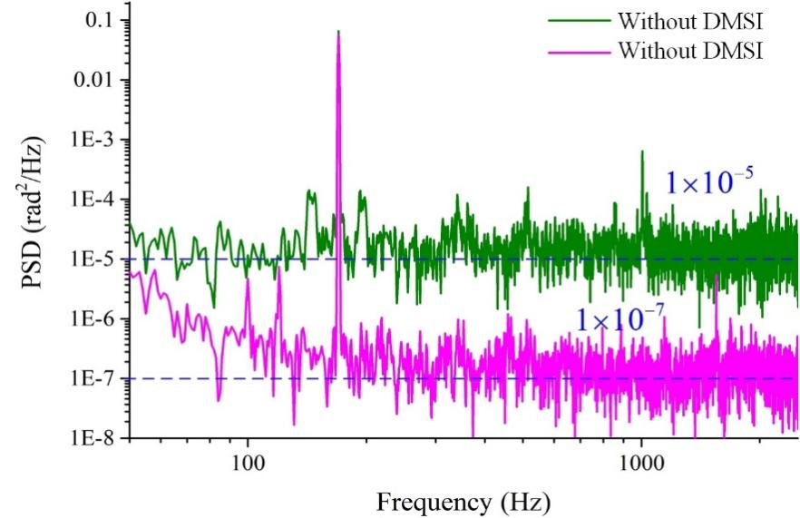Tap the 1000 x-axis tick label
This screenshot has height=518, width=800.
[642, 460]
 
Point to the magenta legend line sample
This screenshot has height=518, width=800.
[580, 51]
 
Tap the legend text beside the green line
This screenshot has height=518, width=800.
[690, 20]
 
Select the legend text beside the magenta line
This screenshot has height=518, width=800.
[690, 51]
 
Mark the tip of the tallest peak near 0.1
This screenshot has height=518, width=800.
[338, 32]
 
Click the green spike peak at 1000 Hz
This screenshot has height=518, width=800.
[642, 151]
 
